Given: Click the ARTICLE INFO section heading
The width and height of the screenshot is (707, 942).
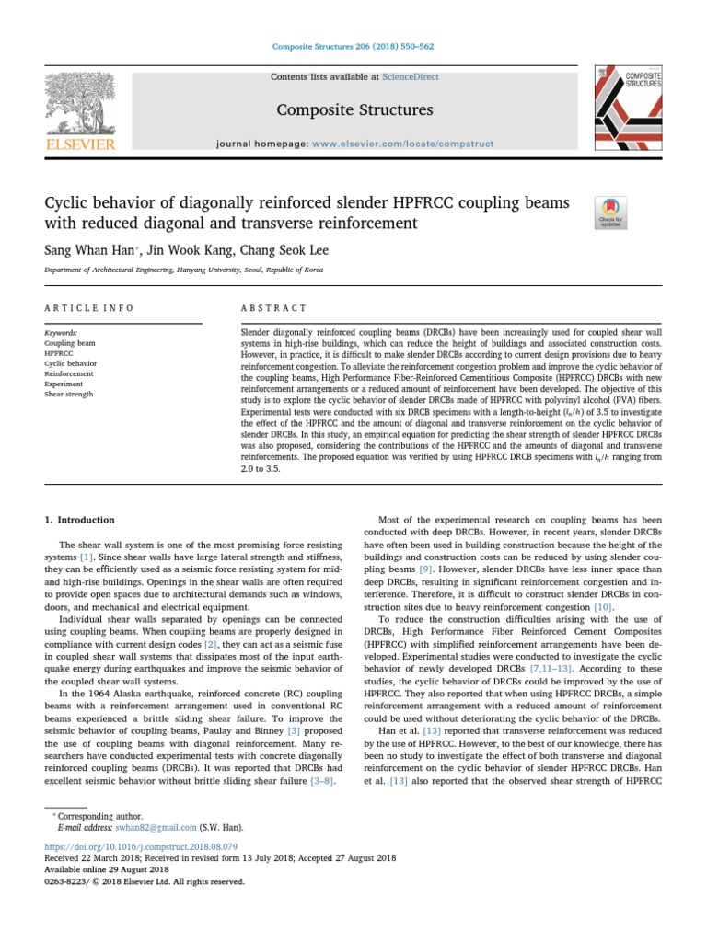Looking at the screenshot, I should pos(89,307).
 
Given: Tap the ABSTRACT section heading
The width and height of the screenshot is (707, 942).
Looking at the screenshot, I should pos(272,307).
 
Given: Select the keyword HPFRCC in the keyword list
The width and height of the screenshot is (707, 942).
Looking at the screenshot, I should pos(58,353).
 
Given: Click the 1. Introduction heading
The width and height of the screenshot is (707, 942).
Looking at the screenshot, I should pos(80,520).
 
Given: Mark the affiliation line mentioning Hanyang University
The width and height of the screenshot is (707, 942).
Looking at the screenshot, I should pos(184,270).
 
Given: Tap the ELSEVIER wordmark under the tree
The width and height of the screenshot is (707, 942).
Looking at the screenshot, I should pos(80,144).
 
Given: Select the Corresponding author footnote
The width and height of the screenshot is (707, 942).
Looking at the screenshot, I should pos(95,816).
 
